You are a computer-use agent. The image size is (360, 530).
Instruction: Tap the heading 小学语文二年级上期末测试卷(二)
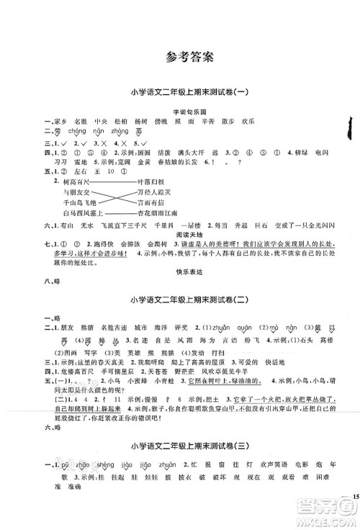[x=179, y=300]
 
